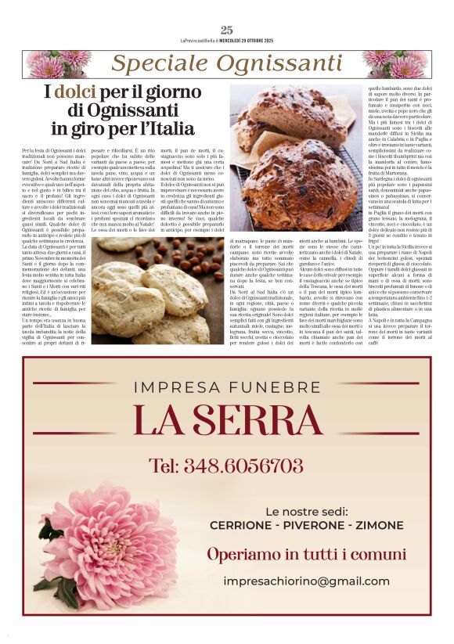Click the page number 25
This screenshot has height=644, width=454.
pyautogui.click(x=227, y=31)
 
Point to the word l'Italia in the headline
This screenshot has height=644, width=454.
pyautogui.click(x=157, y=128)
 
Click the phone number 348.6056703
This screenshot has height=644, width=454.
pyautogui.click(x=226, y=466)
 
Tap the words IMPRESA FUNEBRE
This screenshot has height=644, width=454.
pyautogui.click(x=226, y=386)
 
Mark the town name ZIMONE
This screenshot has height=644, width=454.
pyautogui.click(x=380, y=525)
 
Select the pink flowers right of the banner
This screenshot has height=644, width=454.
pyautogui.click(x=397, y=64)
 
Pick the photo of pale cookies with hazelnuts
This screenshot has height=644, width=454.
pyautogui.click(x=157, y=291)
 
